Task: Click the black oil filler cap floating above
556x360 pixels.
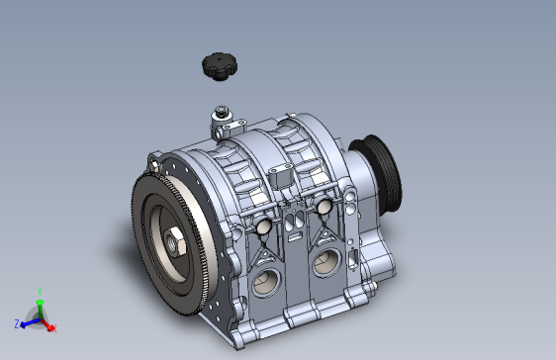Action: point(220,66)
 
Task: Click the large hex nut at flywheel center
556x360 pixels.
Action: point(174,242)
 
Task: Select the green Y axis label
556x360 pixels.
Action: point(41,292)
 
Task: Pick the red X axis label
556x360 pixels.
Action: point(53,329)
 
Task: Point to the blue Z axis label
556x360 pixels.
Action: point(17,323)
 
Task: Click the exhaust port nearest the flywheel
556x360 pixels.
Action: point(266,282)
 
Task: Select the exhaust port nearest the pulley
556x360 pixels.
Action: point(326,262)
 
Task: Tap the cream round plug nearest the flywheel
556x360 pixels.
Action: point(263,226)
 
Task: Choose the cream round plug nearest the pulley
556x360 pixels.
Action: point(324,207)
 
